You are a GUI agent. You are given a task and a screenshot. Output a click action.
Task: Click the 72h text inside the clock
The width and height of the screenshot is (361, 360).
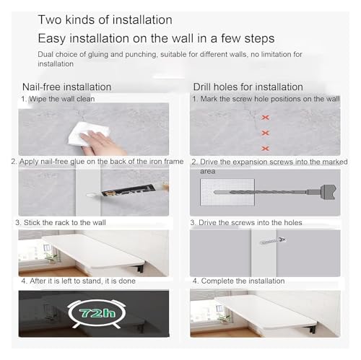click(97, 313)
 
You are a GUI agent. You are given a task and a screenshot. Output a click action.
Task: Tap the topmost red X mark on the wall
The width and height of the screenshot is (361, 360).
click(265, 118)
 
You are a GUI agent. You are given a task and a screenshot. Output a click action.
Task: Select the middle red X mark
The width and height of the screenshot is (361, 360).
click(265, 133)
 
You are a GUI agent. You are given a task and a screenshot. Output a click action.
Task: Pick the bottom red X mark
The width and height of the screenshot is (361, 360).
click(265, 149)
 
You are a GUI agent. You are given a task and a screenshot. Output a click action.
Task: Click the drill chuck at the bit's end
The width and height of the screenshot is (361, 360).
click(323, 192)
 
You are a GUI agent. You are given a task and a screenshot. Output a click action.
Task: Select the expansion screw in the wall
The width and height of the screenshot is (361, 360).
click(273, 241)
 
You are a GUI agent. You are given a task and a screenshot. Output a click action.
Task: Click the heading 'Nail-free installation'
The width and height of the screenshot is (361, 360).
click(66, 87)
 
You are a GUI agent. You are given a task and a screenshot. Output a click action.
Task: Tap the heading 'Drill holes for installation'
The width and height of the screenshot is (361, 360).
click(248, 87)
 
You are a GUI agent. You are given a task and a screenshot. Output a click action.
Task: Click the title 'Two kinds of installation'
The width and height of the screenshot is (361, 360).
click(105, 19)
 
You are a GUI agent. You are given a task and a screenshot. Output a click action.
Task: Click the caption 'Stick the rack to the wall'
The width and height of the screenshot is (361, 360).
click(65, 222)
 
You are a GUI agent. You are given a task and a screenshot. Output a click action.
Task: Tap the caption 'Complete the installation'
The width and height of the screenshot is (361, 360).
click(243, 281)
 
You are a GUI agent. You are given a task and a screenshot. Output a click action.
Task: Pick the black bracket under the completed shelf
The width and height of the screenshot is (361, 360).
click(312, 328)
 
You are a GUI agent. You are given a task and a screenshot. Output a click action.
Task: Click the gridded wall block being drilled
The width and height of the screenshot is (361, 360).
click(227, 192)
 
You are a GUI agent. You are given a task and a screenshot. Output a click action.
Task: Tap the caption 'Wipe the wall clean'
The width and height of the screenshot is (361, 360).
click(62, 99)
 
